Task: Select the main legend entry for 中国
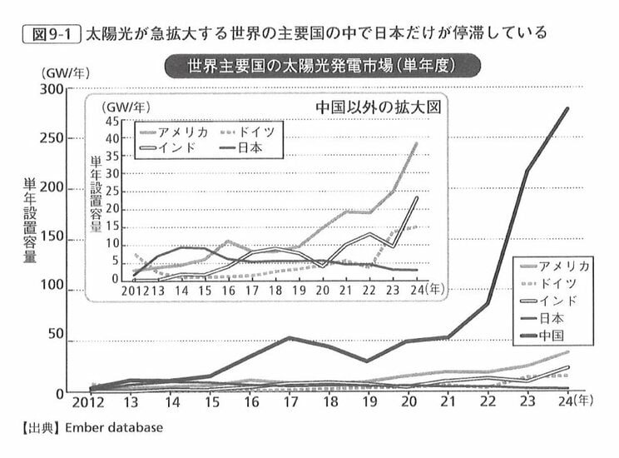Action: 552,335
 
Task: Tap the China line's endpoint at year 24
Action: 568,108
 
